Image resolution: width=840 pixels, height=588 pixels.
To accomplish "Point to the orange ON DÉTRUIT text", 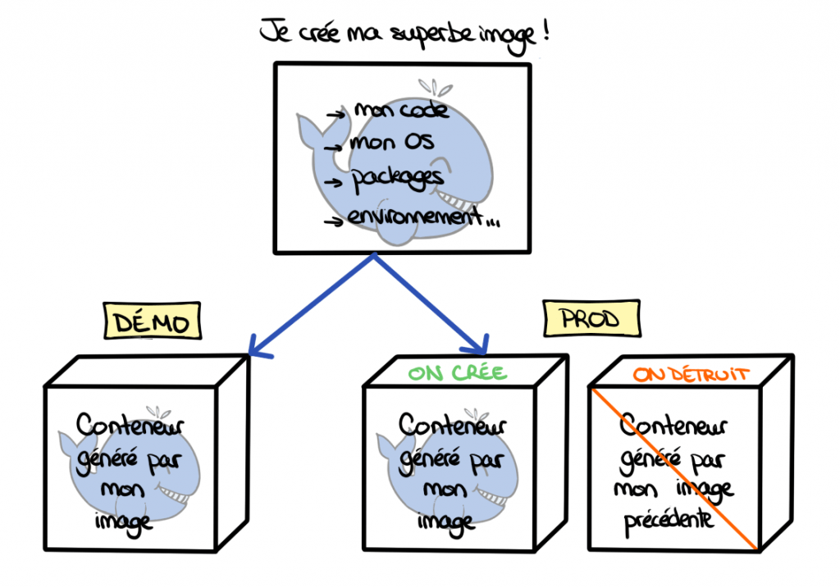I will pos(692,374).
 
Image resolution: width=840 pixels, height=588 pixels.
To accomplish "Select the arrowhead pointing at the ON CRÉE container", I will pos(481,345).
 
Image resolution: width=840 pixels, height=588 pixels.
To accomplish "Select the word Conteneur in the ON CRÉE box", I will pos(452,426).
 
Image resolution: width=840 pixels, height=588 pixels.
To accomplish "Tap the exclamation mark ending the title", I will pos(544,34).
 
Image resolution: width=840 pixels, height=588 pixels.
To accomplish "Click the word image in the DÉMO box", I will pos(125,521).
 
